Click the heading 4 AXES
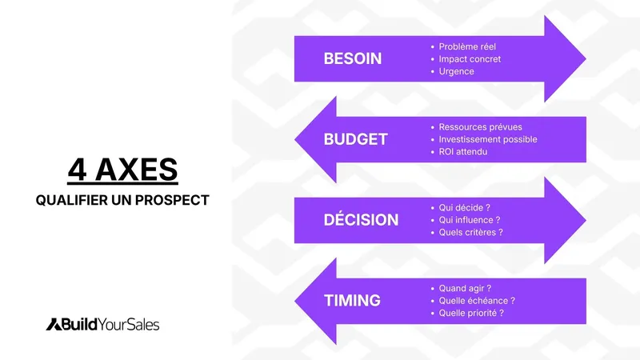(122, 171)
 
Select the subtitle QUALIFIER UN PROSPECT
(122, 200)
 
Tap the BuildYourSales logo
(102, 324)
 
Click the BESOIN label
(353, 58)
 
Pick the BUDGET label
(355, 139)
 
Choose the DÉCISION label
(361, 220)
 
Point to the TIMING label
(352, 301)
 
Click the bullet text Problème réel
(468, 46)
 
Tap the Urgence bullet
(457, 71)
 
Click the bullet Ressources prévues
(480, 127)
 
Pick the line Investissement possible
(488, 139)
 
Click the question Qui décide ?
(466, 207)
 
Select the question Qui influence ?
(470, 220)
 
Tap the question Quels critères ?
(471, 232)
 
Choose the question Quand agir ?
(466, 288)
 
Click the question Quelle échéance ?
(477, 301)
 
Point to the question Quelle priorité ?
(472, 313)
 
